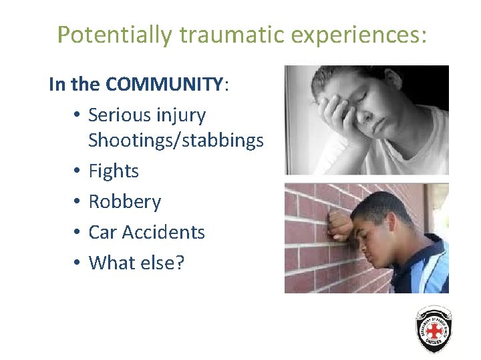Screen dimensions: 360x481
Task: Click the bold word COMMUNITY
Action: (x=165, y=85)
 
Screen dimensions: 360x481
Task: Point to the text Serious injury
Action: (x=147, y=115)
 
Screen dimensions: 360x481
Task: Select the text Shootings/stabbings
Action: (x=176, y=141)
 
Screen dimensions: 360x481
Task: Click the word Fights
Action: (x=114, y=171)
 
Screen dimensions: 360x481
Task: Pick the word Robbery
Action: (x=124, y=202)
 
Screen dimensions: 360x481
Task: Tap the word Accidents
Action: (x=164, y=232)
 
